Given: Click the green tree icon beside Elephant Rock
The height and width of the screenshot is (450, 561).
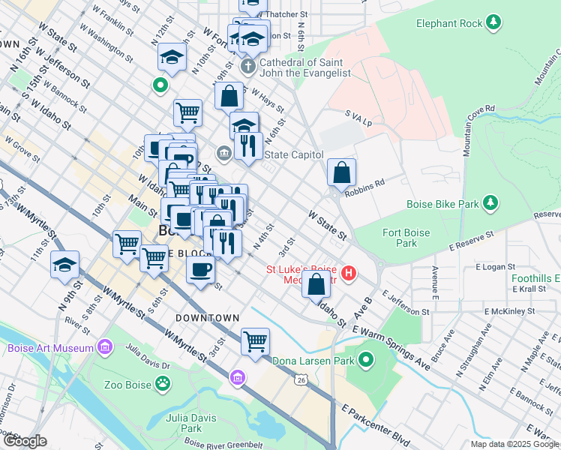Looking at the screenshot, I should [x=493, y=23].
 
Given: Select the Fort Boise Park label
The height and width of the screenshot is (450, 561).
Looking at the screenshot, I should [x=406, y=238].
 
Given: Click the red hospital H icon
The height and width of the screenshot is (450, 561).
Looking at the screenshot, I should [x=348, y=274].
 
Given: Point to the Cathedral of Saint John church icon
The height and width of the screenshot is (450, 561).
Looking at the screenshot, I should [x=248, y=67].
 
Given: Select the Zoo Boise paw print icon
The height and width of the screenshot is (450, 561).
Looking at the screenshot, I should [x=162, y=383].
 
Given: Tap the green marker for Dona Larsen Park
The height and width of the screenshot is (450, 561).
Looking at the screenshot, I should [x=365, y=361].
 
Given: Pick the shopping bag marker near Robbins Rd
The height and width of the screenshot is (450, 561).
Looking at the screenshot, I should [x=341, y=172].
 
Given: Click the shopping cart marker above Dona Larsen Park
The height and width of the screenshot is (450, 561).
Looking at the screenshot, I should [x=255, y=341].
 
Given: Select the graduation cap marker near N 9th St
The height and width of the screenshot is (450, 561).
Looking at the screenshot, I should [x=65, y=265].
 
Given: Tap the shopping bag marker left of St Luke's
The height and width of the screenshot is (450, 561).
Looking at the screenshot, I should [x=316, y=284].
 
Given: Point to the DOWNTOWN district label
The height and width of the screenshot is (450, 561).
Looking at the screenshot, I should [x=207, y=318].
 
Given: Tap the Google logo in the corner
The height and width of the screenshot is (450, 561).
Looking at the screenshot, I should [x=24, y=442].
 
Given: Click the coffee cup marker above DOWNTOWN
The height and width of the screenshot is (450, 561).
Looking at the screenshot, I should [x=200, y=270].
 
